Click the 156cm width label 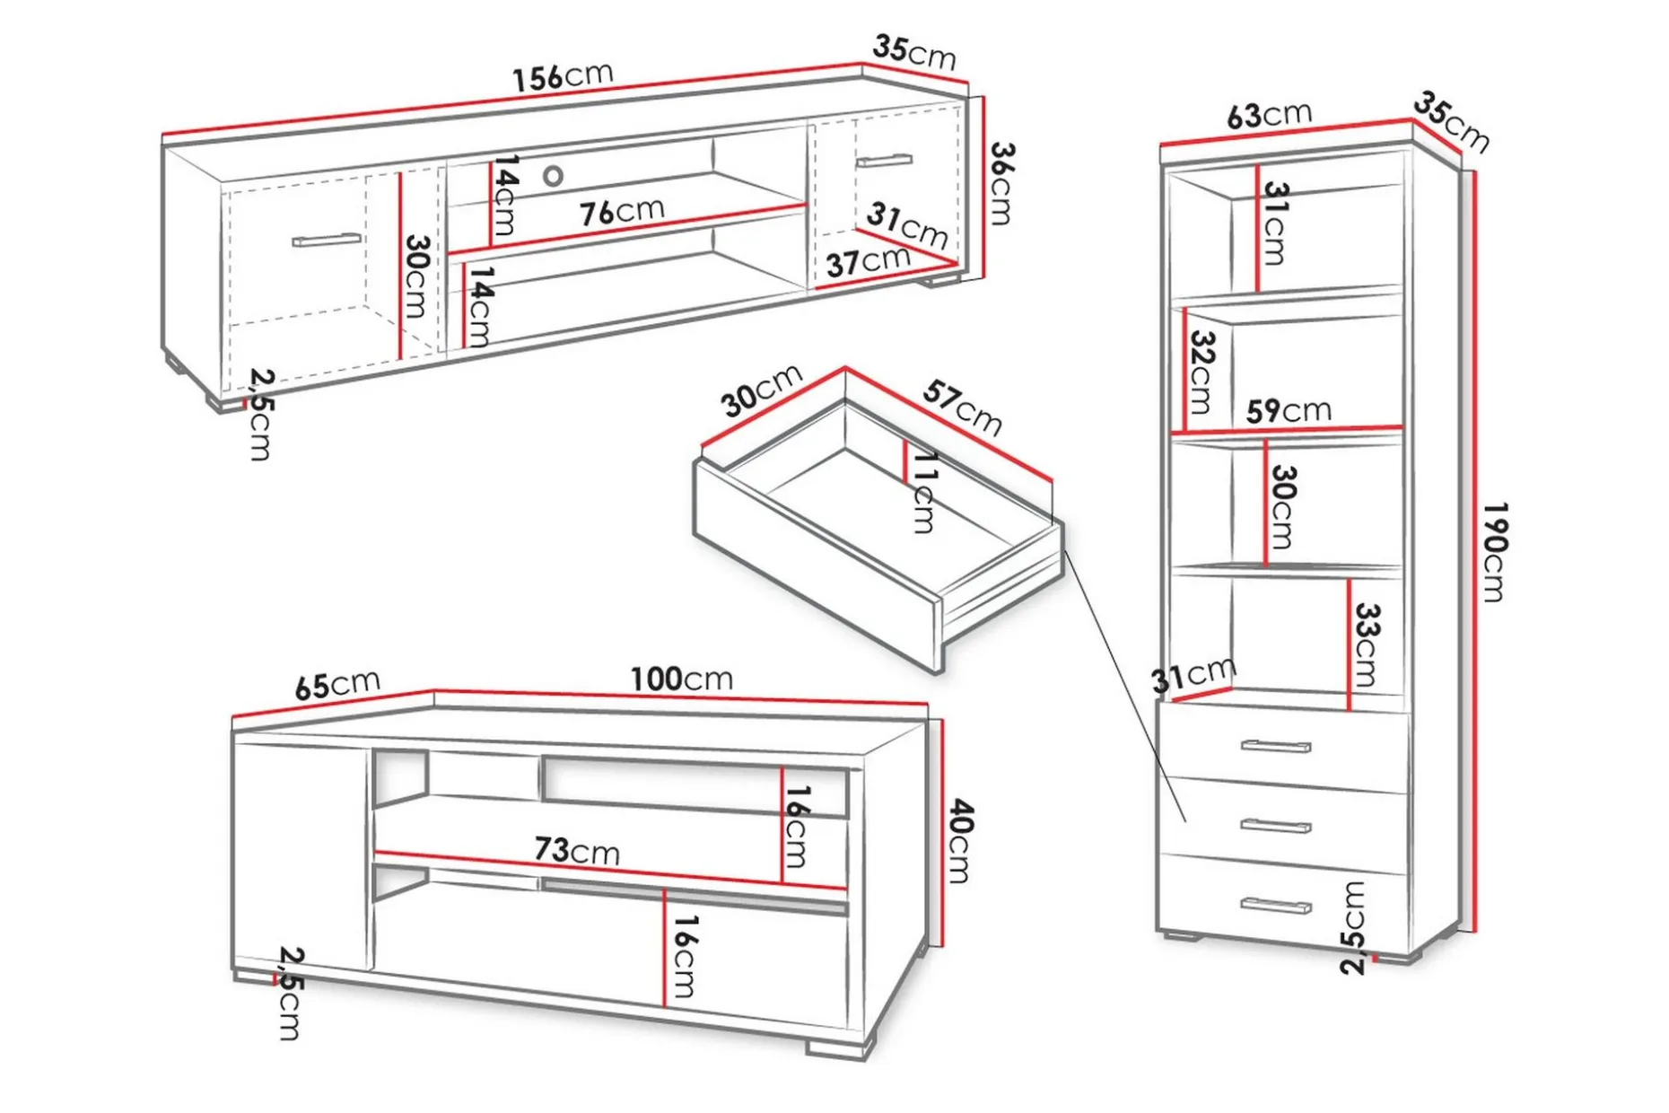[563, 75]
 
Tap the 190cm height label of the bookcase [1494, 551]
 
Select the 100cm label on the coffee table [681, 679]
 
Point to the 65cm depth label [337, 685]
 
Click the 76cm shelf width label [622, 212]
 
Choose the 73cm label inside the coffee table [577, 849]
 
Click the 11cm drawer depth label [924, 492]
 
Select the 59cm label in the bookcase [1289, 410]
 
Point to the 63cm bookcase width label [1269, 114]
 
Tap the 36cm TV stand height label [1001, 183]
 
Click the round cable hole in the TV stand [554, 176]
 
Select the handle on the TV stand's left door [327, 240]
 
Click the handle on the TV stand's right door [884, 161]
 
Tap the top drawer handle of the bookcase [1276, 746]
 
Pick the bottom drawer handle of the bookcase [1276, 906]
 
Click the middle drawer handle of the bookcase [1276, 825]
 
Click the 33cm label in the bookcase [1366, 644]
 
